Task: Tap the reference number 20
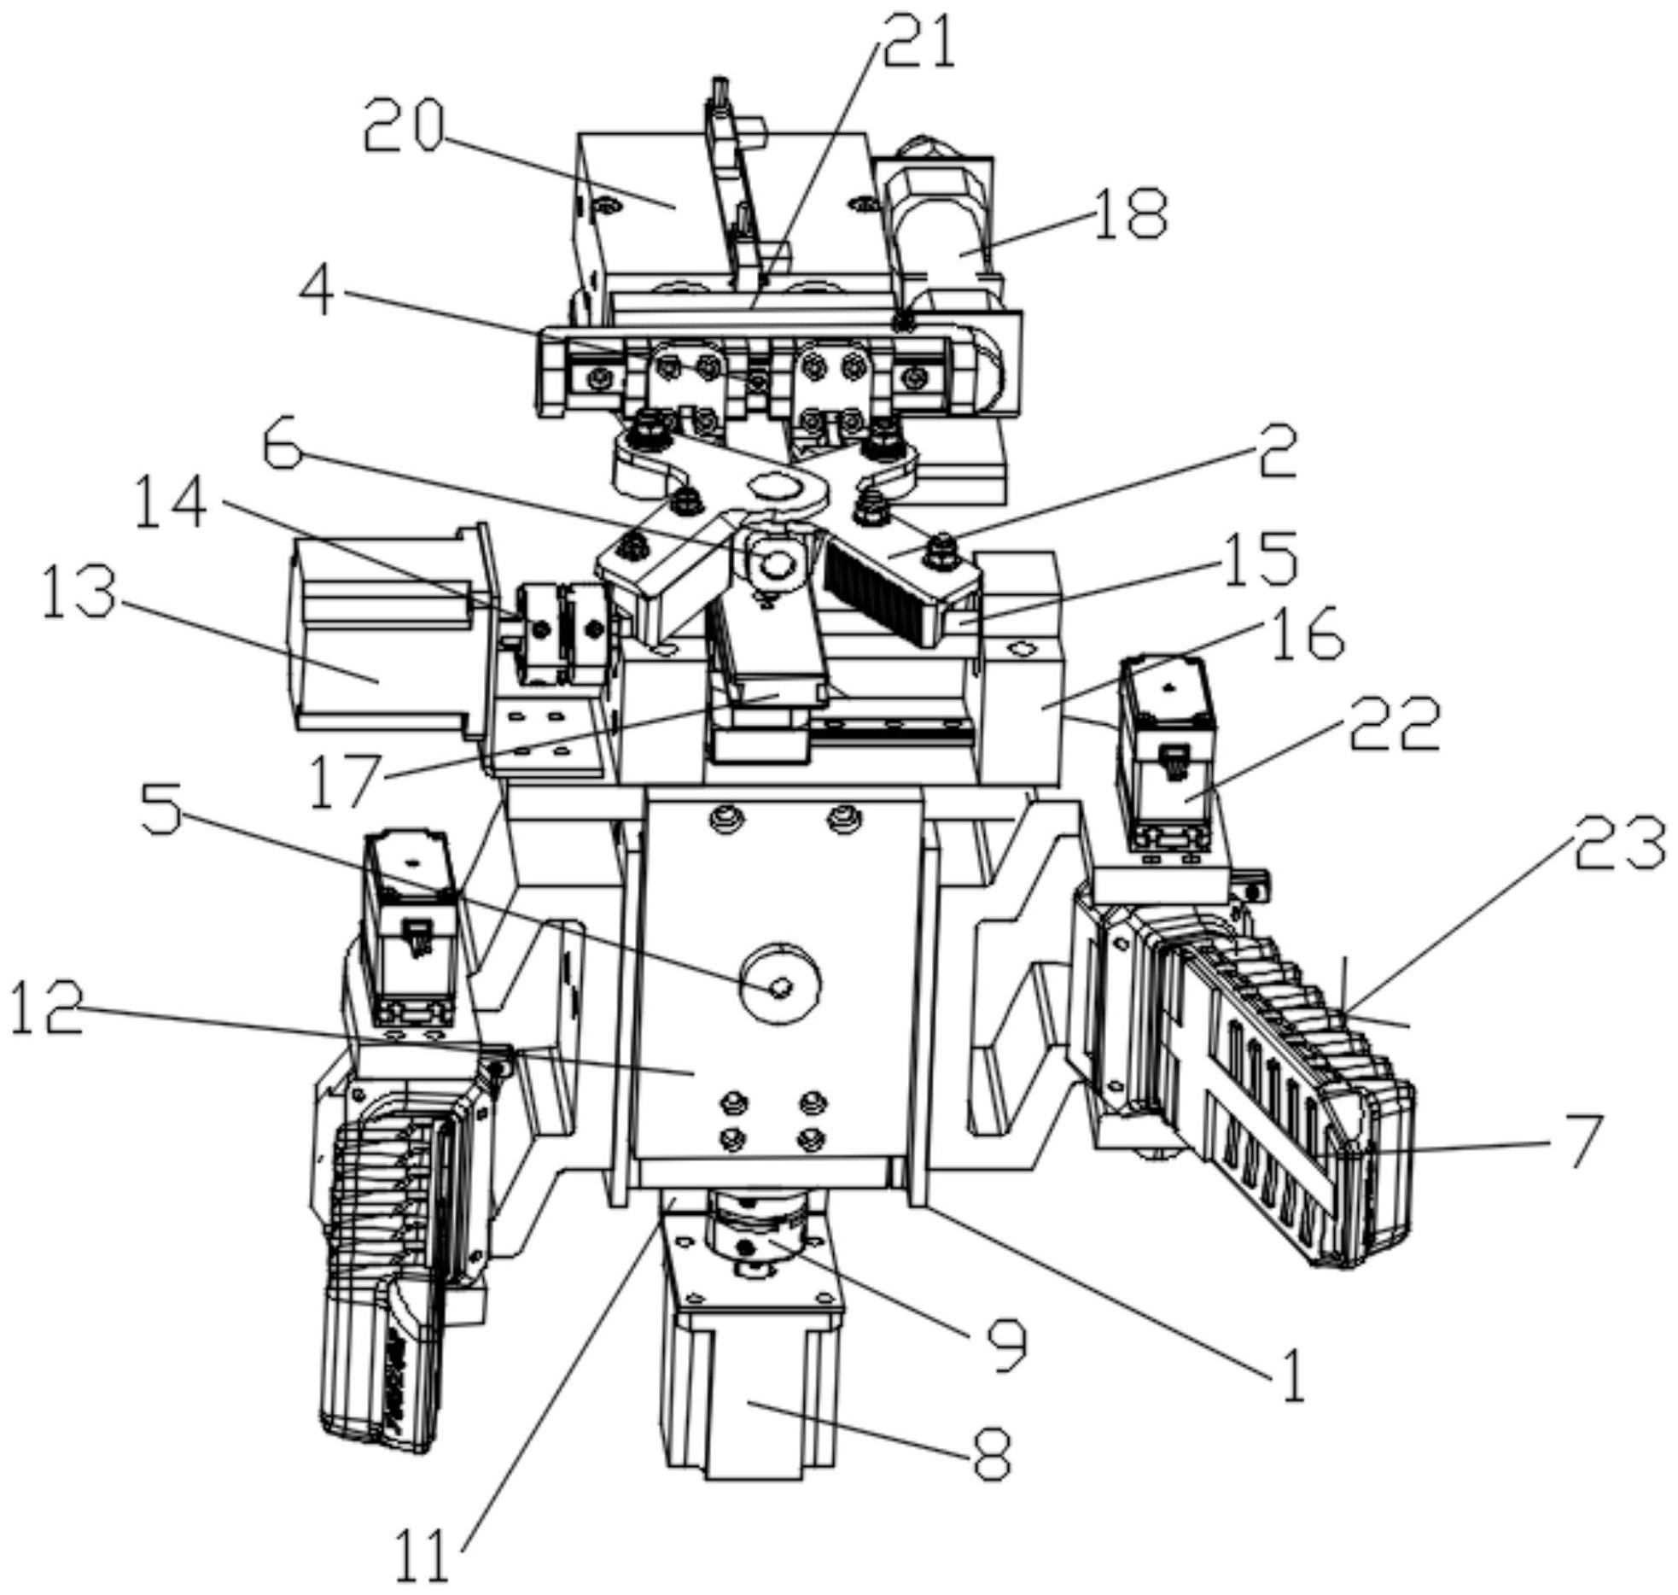point(404,126)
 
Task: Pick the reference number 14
point(170,503)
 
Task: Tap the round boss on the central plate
point(780,984)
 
